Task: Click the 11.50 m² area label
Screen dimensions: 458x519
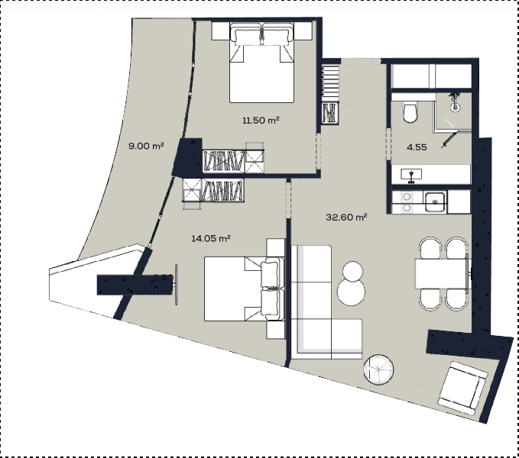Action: [x=259, y=121]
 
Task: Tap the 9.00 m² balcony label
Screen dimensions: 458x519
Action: [x=146, y=146]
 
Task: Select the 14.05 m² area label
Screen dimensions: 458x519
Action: [x=211, y=238]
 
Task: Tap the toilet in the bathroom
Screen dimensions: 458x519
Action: [x=410, y=112]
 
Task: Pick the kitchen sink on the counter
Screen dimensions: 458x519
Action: [x=435, y=202]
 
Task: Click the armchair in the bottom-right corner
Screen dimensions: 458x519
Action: [x=463, y=385]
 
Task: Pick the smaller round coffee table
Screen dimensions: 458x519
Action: [x=353, y=271]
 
